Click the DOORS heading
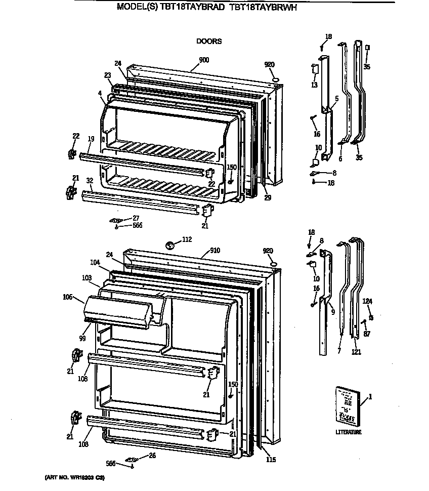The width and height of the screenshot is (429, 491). (x=209, y=42)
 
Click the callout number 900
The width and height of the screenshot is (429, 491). (x=204, y=60)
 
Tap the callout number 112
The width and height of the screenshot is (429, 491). (x=187, y=239)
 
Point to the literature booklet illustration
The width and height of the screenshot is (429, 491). (x=350, y=405)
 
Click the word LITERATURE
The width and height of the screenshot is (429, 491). (x=349, y=432)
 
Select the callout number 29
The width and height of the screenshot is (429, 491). (x=268, y=197)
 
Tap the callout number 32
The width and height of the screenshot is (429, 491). (x=89, y=180)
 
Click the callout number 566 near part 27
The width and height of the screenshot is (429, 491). (x=137, y=225)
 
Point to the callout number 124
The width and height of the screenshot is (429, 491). (x=367, y=302)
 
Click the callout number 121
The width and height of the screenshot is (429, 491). (x=356, y=352)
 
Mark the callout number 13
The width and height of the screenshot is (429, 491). (x=314, y=85)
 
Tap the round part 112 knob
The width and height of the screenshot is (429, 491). (x=171, y=245)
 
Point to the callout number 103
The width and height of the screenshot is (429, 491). (x=87, y=278)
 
